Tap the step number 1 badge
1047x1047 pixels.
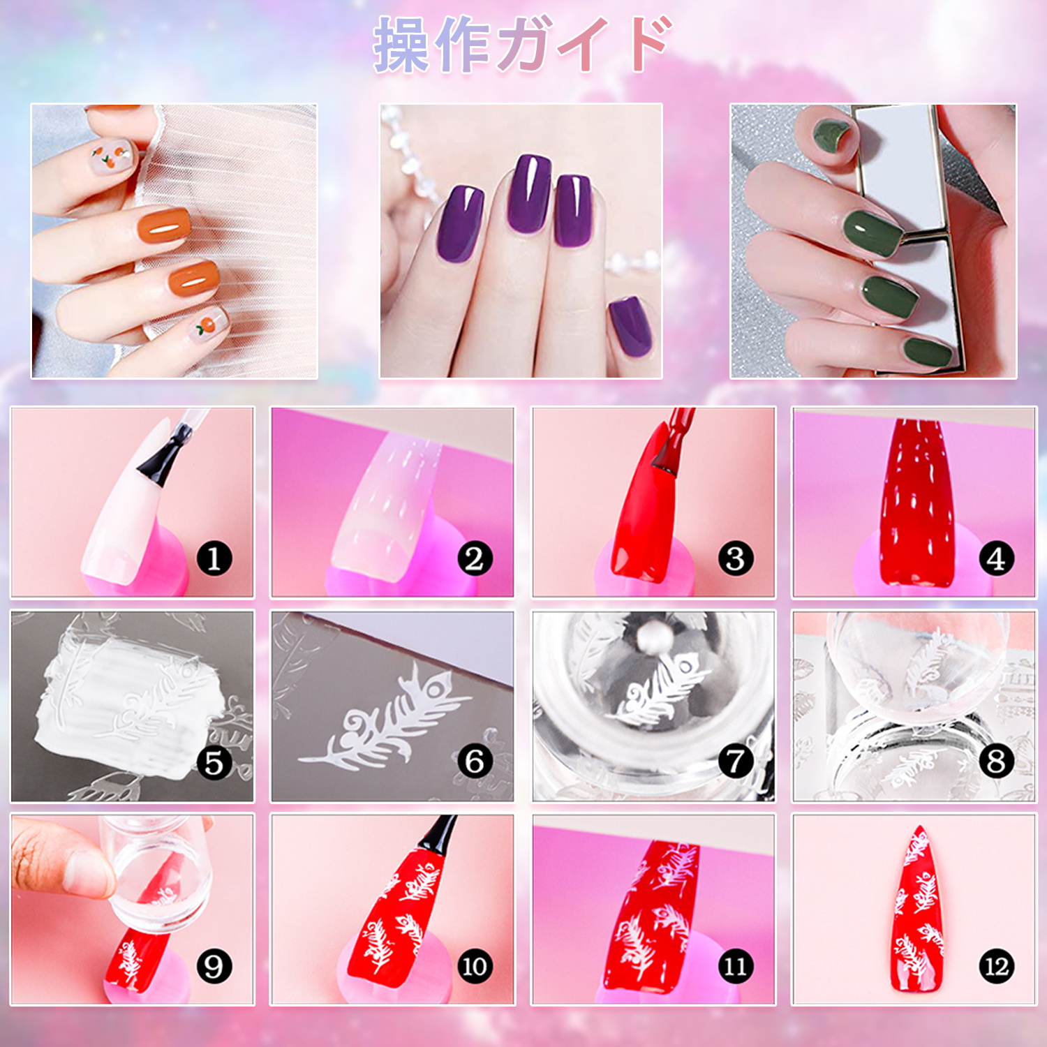[214, 558]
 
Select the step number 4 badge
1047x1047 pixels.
[996, 558]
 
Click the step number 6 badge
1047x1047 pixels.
[475, 761]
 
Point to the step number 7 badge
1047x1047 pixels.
[736, 761]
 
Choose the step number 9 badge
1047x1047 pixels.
[214, 966]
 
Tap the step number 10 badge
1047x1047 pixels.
[475, 966]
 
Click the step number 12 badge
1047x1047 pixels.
[996, 966]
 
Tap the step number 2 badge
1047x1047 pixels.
[475, 558]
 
